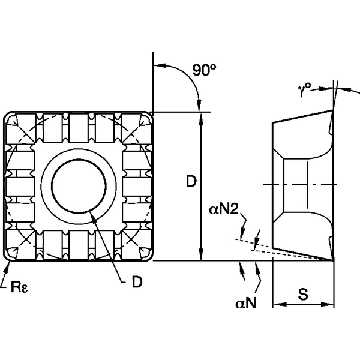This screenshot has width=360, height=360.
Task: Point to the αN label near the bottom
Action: coord(246,305)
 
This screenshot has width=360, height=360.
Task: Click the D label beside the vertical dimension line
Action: coord(190,181)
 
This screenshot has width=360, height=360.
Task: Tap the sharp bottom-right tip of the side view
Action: coord(332,260)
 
